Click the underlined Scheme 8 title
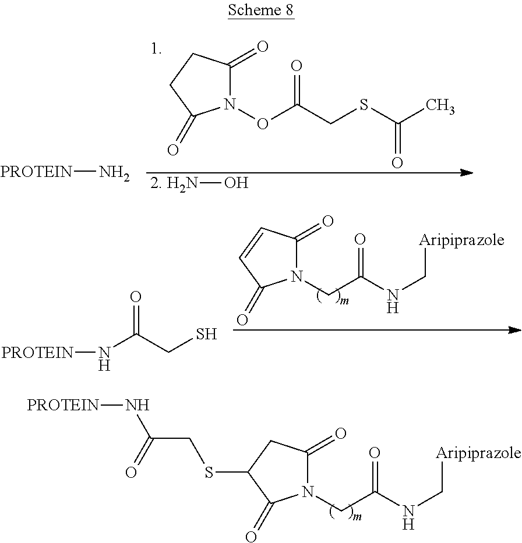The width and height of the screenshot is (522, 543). pos(261,12)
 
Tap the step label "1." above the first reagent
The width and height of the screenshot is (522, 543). pos(156,49)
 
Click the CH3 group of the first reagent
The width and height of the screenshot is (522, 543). pos(440,107)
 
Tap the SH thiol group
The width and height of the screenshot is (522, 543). pos(206,335)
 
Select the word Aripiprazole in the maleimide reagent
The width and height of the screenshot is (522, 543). pos(461,241)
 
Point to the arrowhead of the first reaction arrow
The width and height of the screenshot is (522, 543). pos(465,172)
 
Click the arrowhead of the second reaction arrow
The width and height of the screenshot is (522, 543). pos(514,330)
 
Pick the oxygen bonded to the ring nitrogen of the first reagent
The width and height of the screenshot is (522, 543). pos(263,124)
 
